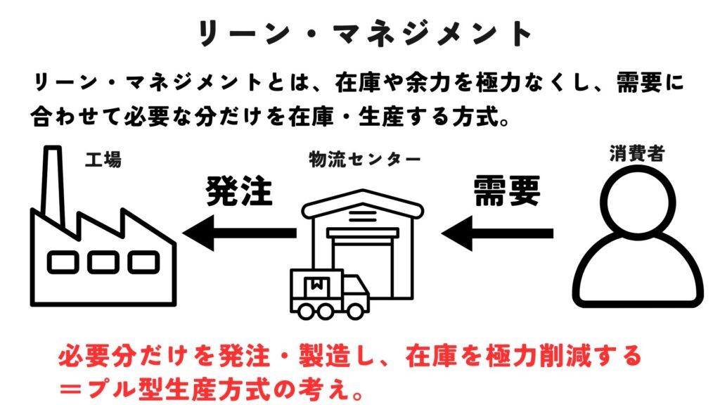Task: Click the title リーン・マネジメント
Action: pyautogui.click(x=360, y=32)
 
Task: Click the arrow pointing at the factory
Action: pyautogui.click(x=239, y=233)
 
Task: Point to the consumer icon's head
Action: pyautogui.click(x=637, y=204)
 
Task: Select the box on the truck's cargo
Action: pyautogui.click(x=316, y=284)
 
